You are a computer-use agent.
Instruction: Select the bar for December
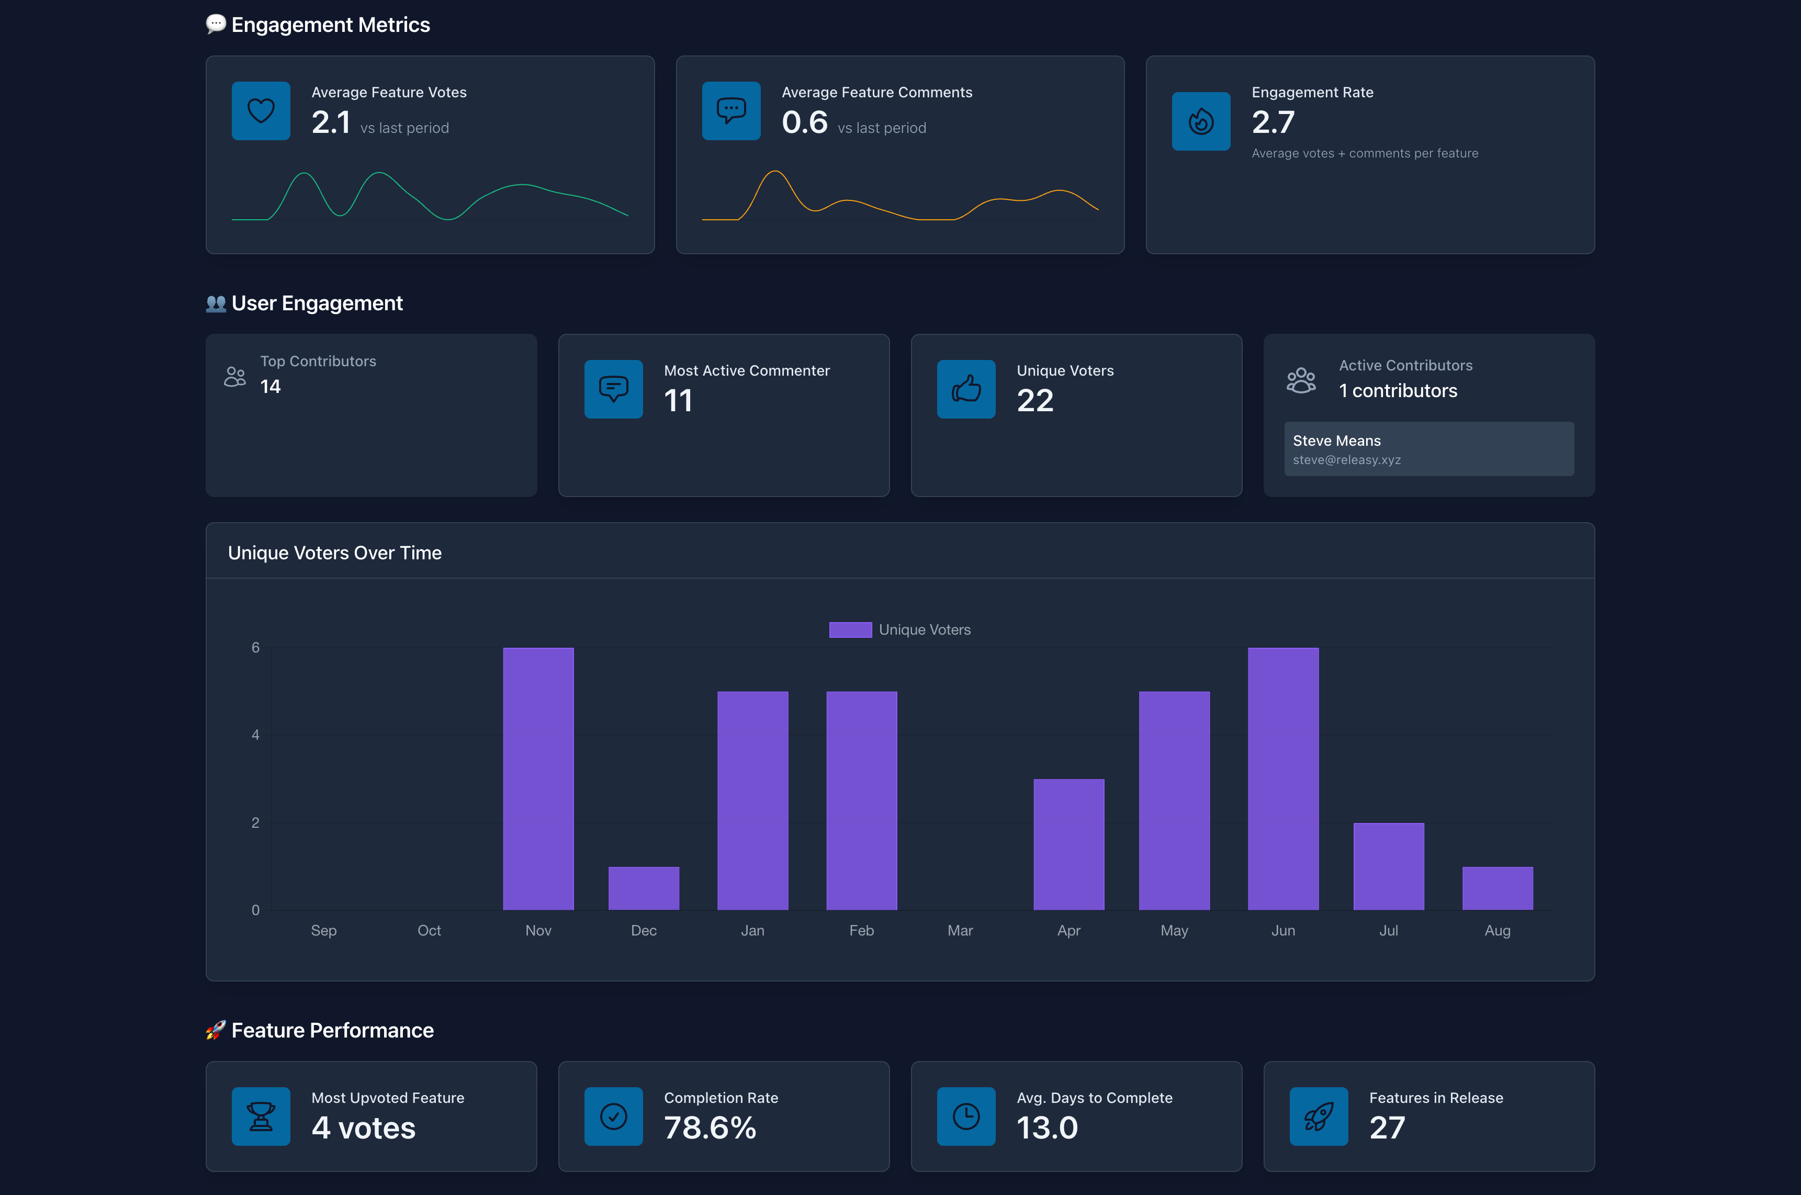pos(643,888)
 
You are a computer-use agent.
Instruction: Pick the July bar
pos(1388,866)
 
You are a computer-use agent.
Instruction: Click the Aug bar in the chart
pos(1497,888)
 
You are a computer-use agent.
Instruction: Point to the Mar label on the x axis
pos(960,931)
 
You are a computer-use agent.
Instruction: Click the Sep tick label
pos(323,931)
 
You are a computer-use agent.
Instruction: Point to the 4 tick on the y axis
pos(255,735)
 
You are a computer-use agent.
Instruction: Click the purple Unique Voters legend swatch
pos(850,629)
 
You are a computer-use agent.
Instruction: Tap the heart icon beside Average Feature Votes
pos(261,110)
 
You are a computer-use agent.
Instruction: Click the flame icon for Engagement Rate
pos(1200,121)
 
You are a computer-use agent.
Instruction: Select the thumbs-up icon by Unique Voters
pos(966,389)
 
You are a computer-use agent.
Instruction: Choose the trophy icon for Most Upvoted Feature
pos(261,1116)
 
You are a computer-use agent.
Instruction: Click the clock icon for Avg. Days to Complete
pos(966,1116)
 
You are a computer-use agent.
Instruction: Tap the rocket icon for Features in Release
pos(1318,1116)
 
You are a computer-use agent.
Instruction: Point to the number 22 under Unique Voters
pos(1034,400)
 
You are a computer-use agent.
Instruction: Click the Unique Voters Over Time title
pos(334,553)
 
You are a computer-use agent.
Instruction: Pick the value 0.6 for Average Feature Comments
pos(804,122)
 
